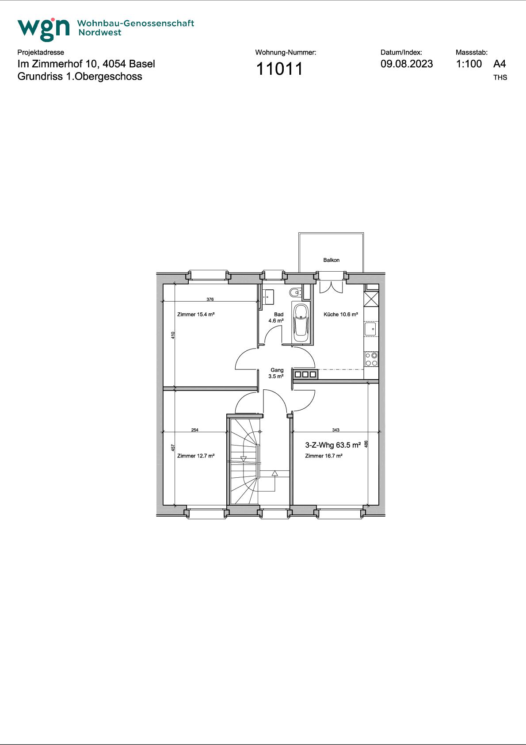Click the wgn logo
click(43, 29)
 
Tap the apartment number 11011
click(279, 69)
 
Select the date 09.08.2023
click(407, 64)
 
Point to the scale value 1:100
click(469, 64)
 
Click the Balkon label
click(331, 260)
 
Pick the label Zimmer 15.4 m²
click(196, 314)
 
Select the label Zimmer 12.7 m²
click(196, 456)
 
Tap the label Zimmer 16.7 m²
click(324, 456)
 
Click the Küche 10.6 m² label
click(341, 314)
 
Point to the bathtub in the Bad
click(301, 323)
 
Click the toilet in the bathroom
click(295, 293)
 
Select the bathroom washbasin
click(268, 297)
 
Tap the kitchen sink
click(370, 329)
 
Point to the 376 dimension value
click(210, 300)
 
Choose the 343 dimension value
click(335, 430)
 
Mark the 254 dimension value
click(195, 430)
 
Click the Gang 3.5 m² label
click(276, 373)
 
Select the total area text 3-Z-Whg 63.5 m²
click(333, 445)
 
